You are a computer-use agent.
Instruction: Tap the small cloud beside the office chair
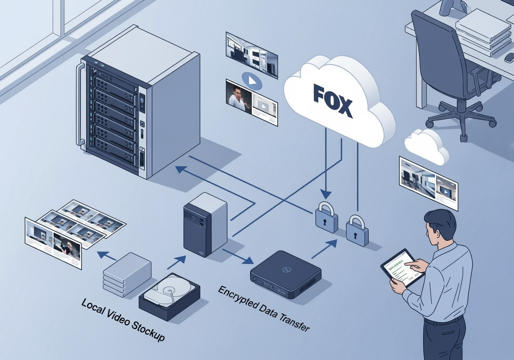point(426,145)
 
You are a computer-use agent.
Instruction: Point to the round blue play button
point(252,81)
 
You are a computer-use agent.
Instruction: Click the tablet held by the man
point(403,267)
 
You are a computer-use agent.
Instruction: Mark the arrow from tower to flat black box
point(235,256)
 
